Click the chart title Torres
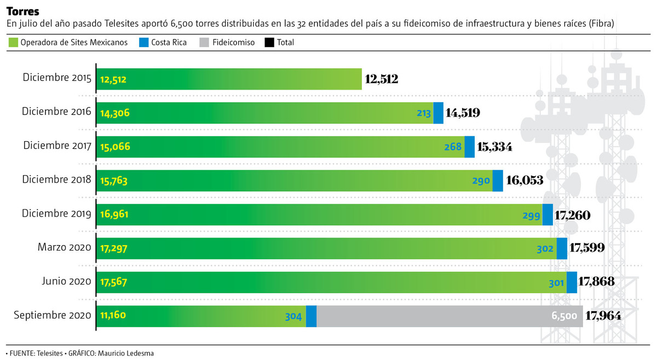click(19, 11)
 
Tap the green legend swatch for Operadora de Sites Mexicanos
click(14, 42)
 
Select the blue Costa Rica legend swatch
click(145, 42)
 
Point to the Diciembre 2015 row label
click(57, 78)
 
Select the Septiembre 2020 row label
click(52, 316)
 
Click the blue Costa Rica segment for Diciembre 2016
click(439, 113)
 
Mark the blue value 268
click(453, 147)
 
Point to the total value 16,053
click(525, 181)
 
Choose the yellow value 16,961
click(115, 215)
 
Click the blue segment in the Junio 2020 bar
click(572, 282)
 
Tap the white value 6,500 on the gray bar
click(564, 316)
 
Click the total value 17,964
click(606, 316)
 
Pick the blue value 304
click(294, 316)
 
